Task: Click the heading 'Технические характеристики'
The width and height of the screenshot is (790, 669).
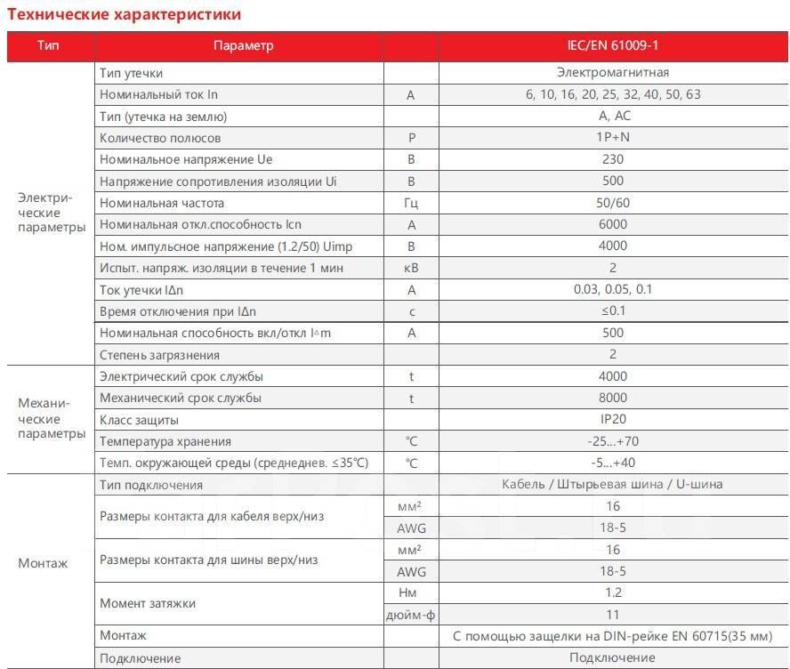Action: point(124,14)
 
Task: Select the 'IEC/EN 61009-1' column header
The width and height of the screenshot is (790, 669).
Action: point(612,45)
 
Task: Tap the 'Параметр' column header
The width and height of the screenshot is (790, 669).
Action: point(243,45)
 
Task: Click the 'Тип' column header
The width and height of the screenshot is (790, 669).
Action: point(49,45)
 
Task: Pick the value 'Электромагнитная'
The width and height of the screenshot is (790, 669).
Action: point(612,72)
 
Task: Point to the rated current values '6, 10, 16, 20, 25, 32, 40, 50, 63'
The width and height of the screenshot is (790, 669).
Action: point(612,94)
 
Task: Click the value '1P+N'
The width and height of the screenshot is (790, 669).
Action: point(612,138)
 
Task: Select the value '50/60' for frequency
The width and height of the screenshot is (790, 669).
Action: point(612,203)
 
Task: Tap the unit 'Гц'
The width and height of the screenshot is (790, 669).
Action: point(411,203)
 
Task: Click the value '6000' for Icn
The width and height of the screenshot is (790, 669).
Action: point(612,224)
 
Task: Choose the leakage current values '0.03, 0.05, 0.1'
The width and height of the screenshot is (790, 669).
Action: point(612,289)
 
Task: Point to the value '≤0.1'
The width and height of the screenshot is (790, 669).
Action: point(612,311)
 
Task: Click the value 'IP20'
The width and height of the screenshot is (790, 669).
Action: point(612,419)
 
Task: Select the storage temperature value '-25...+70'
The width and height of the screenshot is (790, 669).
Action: point(612,441)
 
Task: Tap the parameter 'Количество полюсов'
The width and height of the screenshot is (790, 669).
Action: point(160,138)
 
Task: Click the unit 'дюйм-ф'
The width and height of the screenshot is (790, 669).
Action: point(411,615)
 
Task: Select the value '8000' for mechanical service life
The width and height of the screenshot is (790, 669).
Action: point(612,398)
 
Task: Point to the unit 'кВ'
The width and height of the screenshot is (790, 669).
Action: point(411,268)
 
